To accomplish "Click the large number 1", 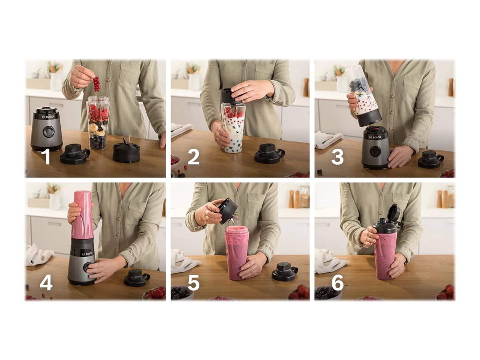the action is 47,157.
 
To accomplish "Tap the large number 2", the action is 194,157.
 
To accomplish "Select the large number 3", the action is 338,157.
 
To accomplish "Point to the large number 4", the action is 46,283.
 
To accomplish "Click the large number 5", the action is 194,283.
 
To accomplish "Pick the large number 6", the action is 338,283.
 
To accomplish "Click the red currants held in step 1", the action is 96,84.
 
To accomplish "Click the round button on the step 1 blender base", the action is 48,131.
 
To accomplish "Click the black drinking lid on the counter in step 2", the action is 269,153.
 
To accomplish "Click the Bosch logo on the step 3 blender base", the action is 375,137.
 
